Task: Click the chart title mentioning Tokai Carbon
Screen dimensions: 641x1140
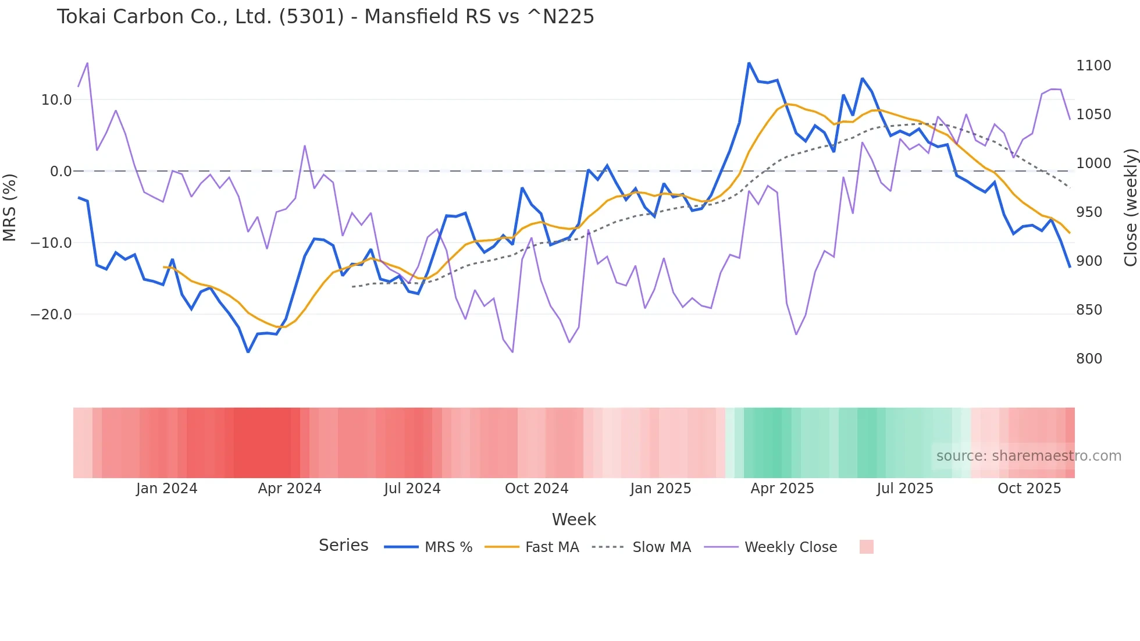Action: pos(325,17)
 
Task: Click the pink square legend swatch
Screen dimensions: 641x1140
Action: pos(866,547)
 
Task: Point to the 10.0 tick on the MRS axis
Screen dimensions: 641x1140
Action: pos(56,100)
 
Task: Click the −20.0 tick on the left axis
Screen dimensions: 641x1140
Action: pos(51,315)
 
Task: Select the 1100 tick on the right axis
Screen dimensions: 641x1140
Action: pos(1093,66)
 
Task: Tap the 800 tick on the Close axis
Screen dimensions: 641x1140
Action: pos(1089,359)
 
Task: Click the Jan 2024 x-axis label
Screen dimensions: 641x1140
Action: pos(167,489)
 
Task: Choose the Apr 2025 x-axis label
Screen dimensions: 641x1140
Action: pos(782,489)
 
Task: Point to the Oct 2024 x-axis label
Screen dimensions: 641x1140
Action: pos(536,489)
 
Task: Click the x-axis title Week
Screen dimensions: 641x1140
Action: pos(573,519)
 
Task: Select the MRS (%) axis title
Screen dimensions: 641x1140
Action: pos(9,207)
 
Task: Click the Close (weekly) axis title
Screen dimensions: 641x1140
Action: pos(1130,208)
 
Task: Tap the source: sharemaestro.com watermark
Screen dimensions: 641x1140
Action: pos(1028,456)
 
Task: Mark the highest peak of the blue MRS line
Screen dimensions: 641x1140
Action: pos(749,63)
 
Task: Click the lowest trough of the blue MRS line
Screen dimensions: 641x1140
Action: pos(248,352)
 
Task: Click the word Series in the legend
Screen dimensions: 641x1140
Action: pos(343,546)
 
